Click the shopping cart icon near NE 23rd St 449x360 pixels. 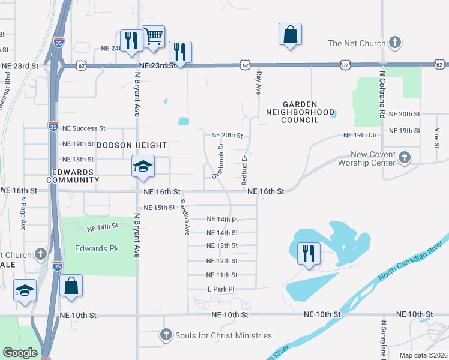click(x=154, y=36)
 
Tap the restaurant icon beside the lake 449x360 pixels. click(x=309, y=253)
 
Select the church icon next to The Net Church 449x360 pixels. click(x=394, y=43)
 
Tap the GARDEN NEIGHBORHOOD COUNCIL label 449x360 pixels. click(x=300, y=112)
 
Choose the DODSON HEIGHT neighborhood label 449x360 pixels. click(x=131, y=145)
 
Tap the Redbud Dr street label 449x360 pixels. click(x=244, y=171)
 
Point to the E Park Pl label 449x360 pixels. click(x=220, y=289)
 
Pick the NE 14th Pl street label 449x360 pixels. click(x=222, y=220)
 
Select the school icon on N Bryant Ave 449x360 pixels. click(x=143, y=166)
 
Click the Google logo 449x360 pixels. click(x=20, y=353)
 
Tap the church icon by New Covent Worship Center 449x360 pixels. click(x=404, y=158)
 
